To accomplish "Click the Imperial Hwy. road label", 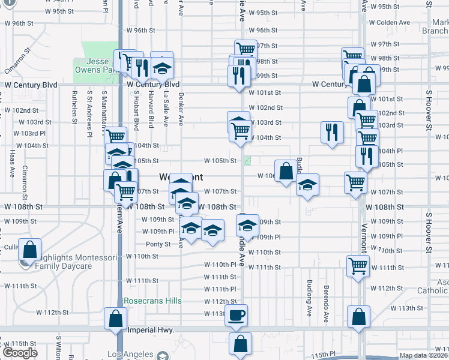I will pyautogui.click(x=149, y=330).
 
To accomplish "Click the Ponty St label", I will pyautogui.click(x=158, y=244).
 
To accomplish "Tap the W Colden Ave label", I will pyautogui.click(x=390, y=22).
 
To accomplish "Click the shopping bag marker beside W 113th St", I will pyautogui.click(x=358, y=316).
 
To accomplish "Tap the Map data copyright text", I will pyautogui.click(x=423, y=355).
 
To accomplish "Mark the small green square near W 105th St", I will pyautogui.click(x=248, y=161).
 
